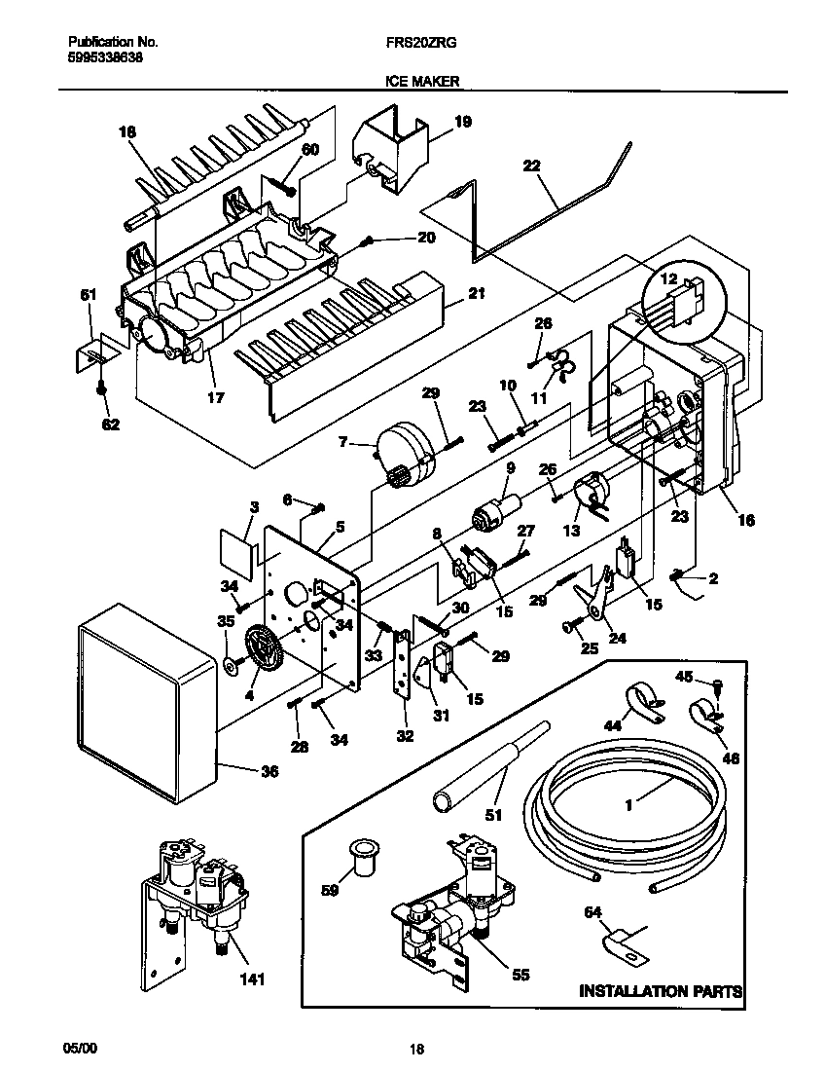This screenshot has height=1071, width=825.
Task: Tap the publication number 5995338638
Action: (x=106, y=57)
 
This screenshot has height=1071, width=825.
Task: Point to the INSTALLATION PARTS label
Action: (x=661, y=991)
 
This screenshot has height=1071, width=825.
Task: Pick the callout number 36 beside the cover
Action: (x=269, y=772)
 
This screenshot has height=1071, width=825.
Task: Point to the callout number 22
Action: (x=531, y=166)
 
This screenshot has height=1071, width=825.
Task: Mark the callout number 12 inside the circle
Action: (x=667, y=279)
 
